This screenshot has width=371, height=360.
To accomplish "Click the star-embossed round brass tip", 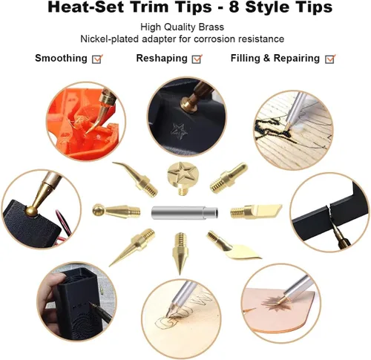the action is pyautogui.click(x=180, y=177).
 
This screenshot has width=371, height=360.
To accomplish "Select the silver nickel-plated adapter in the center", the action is pyautogui.click(x=185, y=212).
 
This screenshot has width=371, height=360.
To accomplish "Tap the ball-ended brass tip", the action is pyautogui.click(x=116, y=211).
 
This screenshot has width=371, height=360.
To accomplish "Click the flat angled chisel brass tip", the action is pyautogui.click(x=256, y=211).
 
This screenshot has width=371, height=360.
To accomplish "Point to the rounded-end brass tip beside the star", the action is pyautogui.click(x=229, y=177).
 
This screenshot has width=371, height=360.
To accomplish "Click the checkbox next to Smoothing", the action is pyautogui.click(x=97, y=59).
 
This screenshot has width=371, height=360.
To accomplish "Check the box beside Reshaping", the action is pyautogui.click(x=197, y=59).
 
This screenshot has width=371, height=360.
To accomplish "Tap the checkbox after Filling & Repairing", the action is pyautogui.click(x=330, y=59).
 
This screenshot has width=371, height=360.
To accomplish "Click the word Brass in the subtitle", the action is pyautogui.click(x=212, y=27).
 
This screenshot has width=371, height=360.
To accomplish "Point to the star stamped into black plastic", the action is pyautogui.click(x=180, y=131).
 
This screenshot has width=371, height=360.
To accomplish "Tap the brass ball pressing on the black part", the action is pyautogui.click(x=31, y=211).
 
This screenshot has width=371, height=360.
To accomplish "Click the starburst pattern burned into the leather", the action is pyautogui.click(x=272, y=304).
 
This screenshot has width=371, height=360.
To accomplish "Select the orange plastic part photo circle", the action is pyautogui.click(x=86, y=122).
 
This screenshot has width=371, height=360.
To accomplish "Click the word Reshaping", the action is pyautogui.click(x=162, y=59).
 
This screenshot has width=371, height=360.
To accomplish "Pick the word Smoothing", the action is pyautogui.click(x=61, y=59).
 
